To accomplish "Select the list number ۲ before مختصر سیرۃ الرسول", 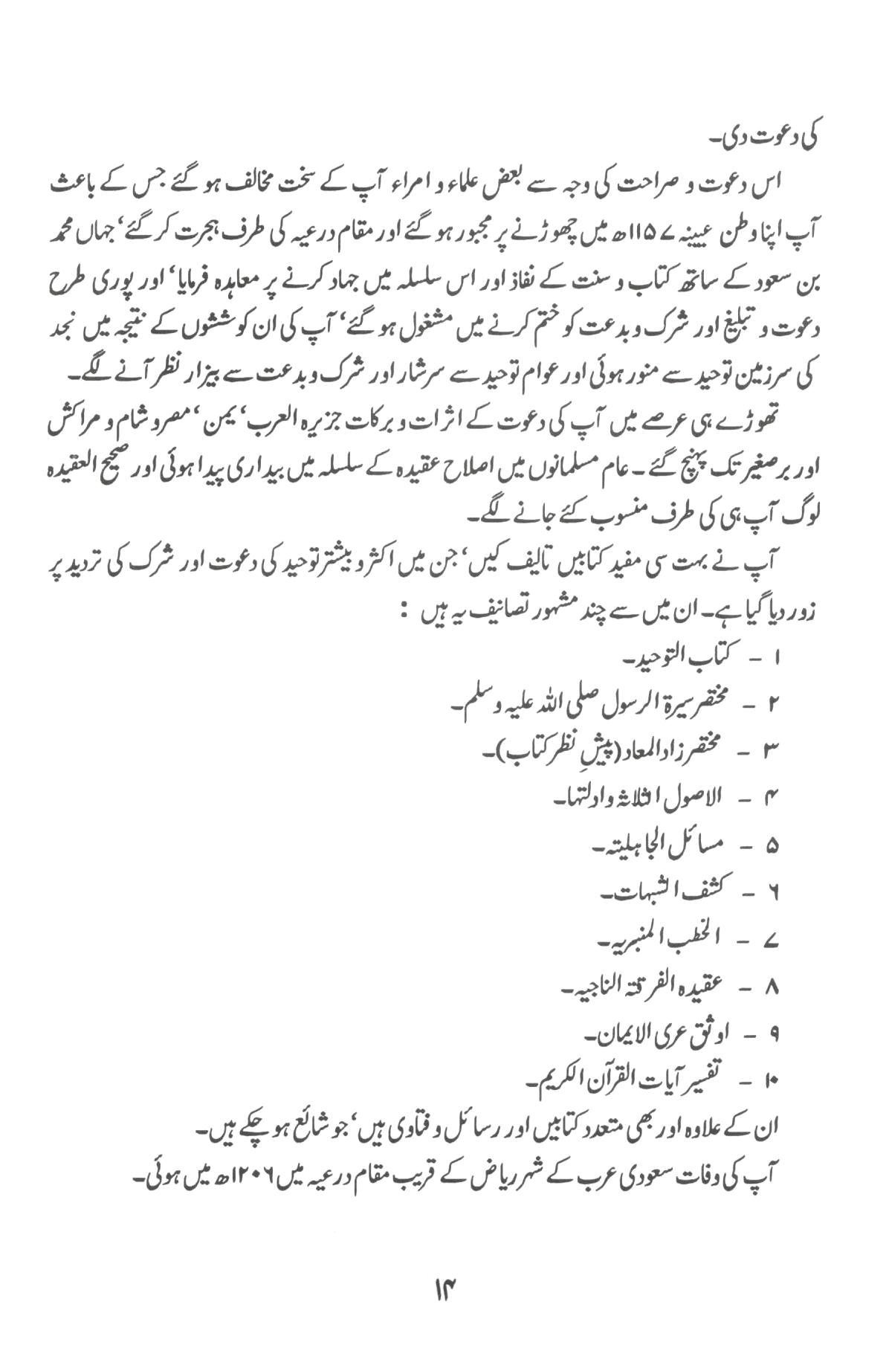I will pyautogui.click(x=772, y=701).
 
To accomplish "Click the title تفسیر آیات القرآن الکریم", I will pyautogui.click(x=618, y=1080).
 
